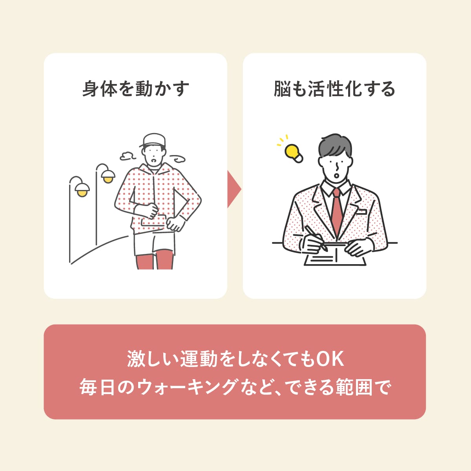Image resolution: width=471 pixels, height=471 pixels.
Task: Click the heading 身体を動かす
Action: click(136, 89)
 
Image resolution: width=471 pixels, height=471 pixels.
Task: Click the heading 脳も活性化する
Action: click(334, 89)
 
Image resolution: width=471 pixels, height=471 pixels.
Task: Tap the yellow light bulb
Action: click(293, 153)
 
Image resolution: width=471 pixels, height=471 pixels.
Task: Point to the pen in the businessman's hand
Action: click(316, 238)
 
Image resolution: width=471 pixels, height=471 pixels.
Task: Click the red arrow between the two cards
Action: click(234, 189)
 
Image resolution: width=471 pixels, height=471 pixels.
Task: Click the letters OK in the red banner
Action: click(330, 359)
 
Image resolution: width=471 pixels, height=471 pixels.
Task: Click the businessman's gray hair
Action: click(335, 145)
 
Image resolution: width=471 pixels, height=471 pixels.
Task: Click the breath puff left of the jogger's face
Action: click(128, 156)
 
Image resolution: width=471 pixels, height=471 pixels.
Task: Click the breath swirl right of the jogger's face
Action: click(178, 159)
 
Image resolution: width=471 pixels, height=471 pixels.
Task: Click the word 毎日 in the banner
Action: click(97, 387)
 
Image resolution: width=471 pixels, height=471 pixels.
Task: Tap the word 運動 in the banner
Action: click(199, 359)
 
